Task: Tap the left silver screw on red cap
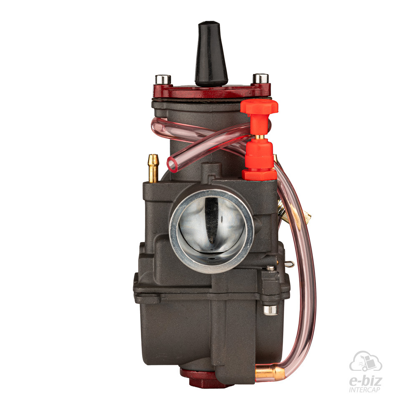coord(163,79)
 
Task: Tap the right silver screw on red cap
coord(260,78)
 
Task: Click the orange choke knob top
coord(259,106)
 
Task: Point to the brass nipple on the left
coord(153,168)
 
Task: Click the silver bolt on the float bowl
coord(271,310)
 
